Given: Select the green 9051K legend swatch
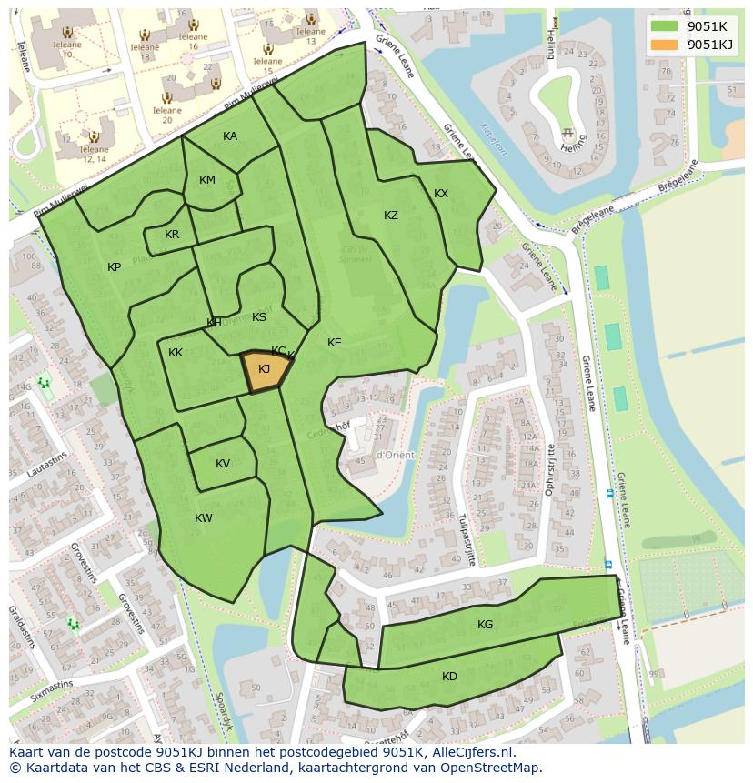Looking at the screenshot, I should point(664,25).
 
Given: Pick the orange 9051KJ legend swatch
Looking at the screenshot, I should point(664,44).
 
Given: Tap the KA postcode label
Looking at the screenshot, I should point(230,136).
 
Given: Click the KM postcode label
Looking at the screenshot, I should point(207,180).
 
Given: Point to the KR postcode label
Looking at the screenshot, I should point(172,235).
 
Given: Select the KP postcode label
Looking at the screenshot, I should point(115,267).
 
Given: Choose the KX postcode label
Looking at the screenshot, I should point(441,194).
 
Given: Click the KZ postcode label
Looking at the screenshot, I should point(391,216).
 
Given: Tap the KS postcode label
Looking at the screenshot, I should point(259,317).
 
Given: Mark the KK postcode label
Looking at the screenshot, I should point(176,353).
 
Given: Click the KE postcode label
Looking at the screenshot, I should point(335,343).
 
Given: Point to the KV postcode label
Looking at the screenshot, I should point(223,464).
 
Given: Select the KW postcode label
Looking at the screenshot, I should point(204,518).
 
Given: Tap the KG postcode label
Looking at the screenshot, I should point(485,625).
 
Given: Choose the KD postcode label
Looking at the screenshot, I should point(449,677).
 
